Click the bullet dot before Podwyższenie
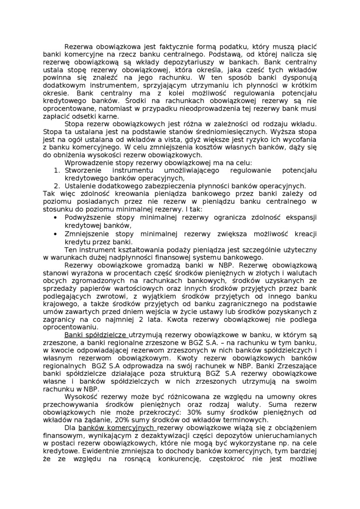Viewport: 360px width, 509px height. pos(56,217)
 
